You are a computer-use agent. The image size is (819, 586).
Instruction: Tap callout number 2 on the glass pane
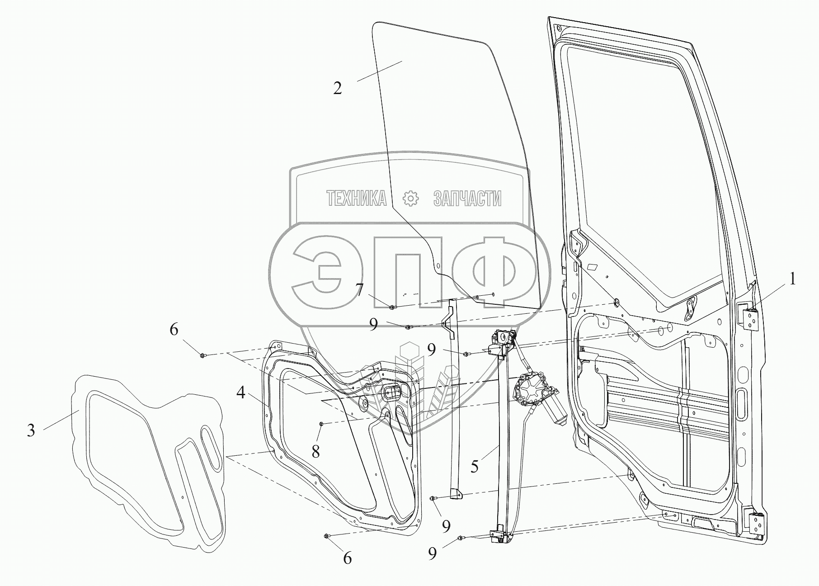click(x=338, y=88)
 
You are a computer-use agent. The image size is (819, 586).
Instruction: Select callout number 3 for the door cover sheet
click(x=31, y=430)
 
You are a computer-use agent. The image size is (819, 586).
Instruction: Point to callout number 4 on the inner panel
click(x=241, y=393)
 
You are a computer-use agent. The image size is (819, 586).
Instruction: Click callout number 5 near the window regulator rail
click(x=474, y=467)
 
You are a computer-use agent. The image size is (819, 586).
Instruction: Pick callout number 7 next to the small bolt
click(x=360, y=290)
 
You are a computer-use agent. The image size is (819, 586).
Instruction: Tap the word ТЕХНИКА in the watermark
click(x=356, y=198)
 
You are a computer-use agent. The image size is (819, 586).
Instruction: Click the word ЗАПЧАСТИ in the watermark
click(x=467, y=198)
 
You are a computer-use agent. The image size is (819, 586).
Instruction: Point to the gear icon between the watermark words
click(x=411, y=198)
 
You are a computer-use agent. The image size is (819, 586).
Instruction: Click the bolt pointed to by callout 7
click(x=392, y=307)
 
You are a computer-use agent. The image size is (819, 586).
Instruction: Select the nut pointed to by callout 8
click(x=320, y=424)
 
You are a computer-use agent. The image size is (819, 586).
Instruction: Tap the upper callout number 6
click(x=174, y=330)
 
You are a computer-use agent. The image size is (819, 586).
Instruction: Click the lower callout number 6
click(x=347, y=558)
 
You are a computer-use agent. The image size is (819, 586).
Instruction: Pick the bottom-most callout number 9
click(x=433, y=554)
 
